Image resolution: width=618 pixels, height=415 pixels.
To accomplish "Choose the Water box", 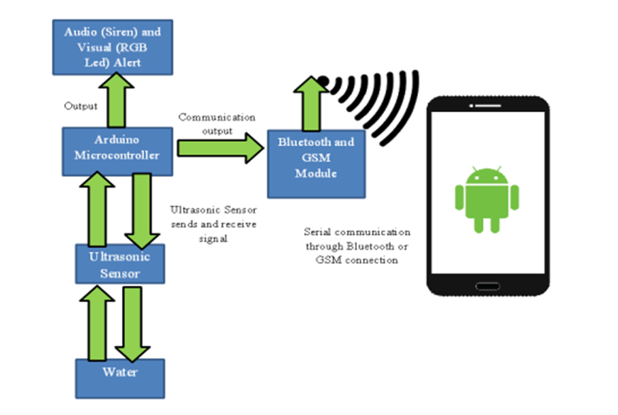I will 120,377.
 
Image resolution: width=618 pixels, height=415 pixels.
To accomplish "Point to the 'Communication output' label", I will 216,124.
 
